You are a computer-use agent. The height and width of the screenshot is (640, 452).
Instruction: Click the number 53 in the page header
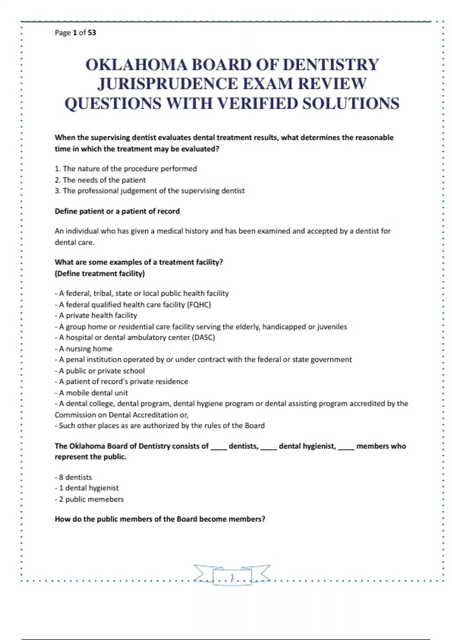92,33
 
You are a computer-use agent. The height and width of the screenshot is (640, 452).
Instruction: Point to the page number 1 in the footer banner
232,577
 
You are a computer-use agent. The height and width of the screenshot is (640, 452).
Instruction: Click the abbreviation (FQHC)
199,305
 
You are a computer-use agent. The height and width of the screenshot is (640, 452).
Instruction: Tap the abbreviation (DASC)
203,337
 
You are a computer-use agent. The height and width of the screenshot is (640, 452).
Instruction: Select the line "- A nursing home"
84,349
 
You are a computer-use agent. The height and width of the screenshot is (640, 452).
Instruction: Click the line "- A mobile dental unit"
92,393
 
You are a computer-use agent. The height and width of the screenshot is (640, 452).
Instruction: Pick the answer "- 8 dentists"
73,477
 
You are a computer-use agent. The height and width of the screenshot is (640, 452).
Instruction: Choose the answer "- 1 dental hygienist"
87,488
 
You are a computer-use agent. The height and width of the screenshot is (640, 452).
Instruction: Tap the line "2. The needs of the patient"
100,180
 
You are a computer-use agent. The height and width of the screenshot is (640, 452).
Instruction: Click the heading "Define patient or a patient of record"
117,211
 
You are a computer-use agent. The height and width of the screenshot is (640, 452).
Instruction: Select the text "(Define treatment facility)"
99,273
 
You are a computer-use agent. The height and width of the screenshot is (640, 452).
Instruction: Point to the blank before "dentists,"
218,446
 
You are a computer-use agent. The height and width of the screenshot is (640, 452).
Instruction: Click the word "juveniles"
332,327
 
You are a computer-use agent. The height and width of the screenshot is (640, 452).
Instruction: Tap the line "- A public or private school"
100,371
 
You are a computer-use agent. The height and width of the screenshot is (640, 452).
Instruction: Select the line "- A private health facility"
96,315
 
